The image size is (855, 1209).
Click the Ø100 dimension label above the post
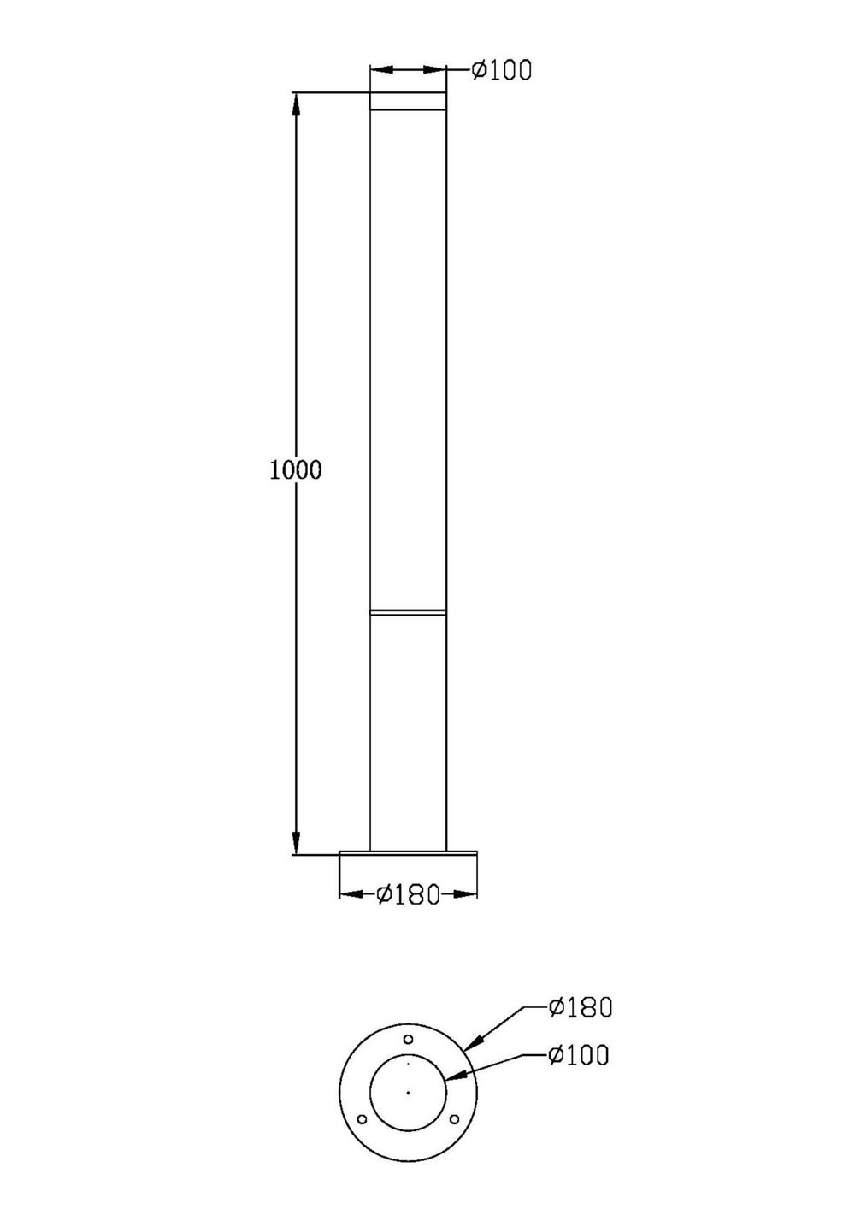(502, 70)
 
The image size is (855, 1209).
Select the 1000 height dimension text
(296, 469)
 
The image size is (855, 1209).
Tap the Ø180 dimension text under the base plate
(408, 894)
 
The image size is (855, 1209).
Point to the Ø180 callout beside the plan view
(581, 1007)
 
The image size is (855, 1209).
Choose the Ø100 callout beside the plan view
(580, 1055)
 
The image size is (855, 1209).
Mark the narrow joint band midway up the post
(408, 612)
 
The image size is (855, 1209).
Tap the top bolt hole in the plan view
(409, 1039)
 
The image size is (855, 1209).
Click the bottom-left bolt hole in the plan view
(362, 1119)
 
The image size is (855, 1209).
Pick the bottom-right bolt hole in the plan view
(455, 1119)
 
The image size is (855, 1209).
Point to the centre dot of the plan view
(409, 1092)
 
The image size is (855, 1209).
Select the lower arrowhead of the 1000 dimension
(296, 842)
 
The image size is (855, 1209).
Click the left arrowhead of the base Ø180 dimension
(351, 894)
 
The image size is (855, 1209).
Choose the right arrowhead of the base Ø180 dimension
(466, 894)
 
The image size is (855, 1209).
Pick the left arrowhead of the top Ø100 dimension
(380, 70)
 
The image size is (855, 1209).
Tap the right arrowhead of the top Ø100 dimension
(435, 70)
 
